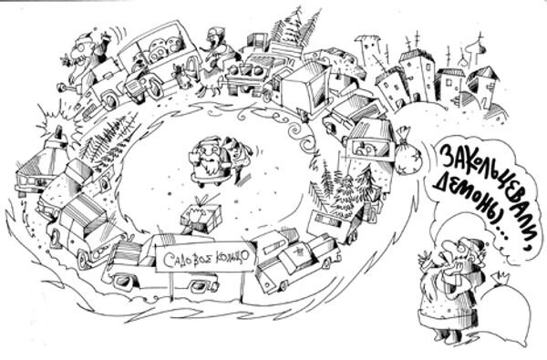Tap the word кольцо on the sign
pyautogui.click(x=224, y=256)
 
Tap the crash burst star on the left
pyautogui.click(x=49, y=119)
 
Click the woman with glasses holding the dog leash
pyautogui.click(x=215, y=46)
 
